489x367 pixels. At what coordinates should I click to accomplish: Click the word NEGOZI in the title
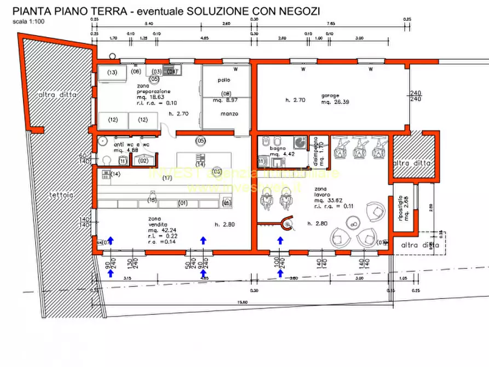pyautogui.click(x=298, y=11)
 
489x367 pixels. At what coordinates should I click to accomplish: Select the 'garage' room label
pyautogui.click(x=331, y=95)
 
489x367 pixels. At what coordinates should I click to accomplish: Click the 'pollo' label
pyautogui.click(x=224, y=81)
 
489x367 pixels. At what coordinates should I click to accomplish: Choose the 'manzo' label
pyautogui.click(x=228, y=114)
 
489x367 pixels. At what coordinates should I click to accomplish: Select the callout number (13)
pyautogui.click(x=112, y=73)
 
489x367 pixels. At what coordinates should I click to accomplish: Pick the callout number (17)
pyautogui.click(x=167, y=178)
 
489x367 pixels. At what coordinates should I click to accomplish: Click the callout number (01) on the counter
pyautogui.click(x=183, y=203)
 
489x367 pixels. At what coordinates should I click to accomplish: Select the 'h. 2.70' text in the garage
pyautogui.click(x=294, y=100)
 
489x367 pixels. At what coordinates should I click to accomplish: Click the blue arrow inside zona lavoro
pyautogui.click(x=281, y=240)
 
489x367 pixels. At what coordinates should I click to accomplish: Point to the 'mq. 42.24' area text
pyautogui.click(x=160, y=231)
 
